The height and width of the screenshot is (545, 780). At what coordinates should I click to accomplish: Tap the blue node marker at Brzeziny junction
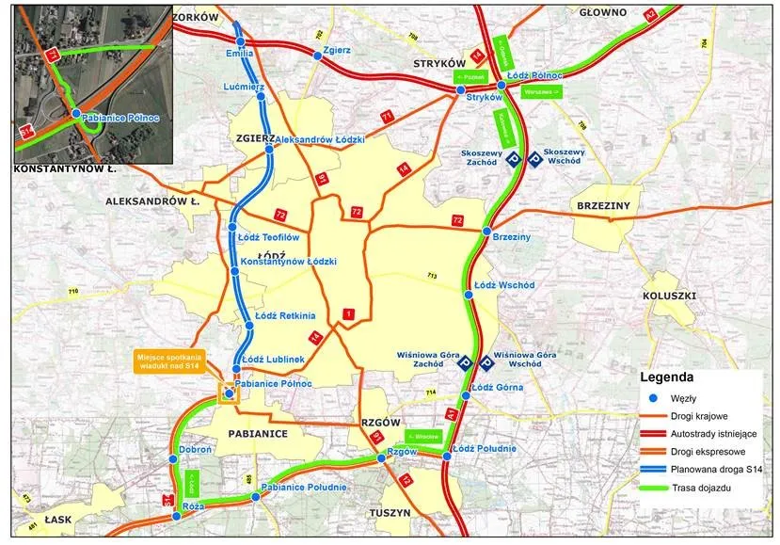pyautogui.click(x=486, y=231)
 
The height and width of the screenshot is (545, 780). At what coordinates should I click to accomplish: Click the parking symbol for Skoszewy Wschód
pyautogui.click(x=533, y=160)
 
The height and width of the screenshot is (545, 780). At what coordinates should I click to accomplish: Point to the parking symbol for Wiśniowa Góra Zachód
pyautogui.click(x=464, y=362)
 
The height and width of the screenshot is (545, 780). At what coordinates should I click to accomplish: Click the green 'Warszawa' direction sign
pyautogui.click(x=542, y=92)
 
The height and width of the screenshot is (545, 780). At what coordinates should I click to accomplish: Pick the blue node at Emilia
pyautogui.click(x=241, y=42)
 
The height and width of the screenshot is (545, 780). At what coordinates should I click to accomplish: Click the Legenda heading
pyautogui.click(x=667, y=376)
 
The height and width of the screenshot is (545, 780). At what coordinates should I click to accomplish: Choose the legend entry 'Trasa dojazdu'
pyautogui.click(x=707, y=489)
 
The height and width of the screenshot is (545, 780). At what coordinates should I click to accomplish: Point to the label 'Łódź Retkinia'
pyautogui.click(x=283, y=315)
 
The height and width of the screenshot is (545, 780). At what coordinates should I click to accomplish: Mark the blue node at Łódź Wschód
pyautogui.click(x=467, y=294)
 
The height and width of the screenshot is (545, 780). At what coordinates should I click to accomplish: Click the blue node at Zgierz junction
pyautogui.click(x=317, y=56)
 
